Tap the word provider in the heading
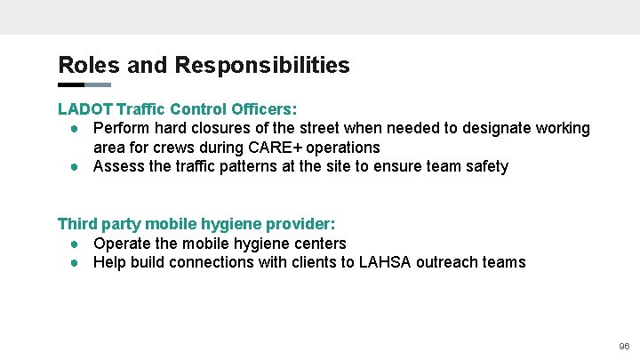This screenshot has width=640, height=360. point(301,224)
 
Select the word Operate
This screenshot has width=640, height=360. point(124,244)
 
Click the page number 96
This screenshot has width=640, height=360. point(623,346)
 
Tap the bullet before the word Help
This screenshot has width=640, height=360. point(77,262)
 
